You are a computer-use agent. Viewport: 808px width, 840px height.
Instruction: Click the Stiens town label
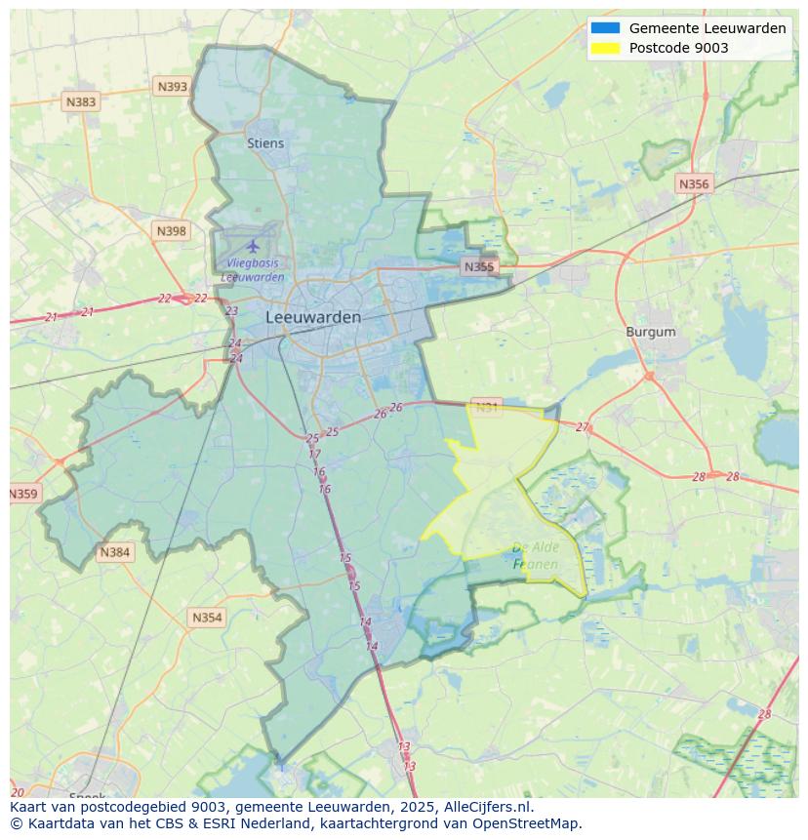coord(265,143)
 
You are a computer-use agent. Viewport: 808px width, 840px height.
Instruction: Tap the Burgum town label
coord(650,332)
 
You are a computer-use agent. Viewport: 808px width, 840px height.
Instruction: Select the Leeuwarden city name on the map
coord(312,317)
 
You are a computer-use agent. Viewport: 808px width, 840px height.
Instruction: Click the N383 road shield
coord(80,101)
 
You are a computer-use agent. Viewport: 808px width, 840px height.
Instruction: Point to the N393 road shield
coord(172,87)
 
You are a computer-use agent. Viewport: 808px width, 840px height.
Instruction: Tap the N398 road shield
coord(171,231)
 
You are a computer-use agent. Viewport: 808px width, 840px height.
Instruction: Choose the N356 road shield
coord(694,183)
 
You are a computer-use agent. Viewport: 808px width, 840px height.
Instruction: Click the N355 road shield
coord(479,266)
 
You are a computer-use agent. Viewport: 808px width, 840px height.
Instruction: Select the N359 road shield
coord(23,494)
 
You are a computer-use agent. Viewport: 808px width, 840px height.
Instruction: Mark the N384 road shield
coord(114,552)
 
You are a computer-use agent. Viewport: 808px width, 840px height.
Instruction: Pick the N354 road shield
coord(207,618)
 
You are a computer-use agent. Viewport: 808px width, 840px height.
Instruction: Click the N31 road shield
coord(486,407)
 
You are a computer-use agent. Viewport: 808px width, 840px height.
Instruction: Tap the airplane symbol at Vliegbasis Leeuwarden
coord(254,246)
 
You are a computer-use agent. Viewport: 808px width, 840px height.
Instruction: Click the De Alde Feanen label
coord(535,556)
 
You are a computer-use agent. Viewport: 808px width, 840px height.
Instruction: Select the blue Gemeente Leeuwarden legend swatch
coord(605,28)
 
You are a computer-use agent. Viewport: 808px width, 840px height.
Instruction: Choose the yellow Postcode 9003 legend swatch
coord(605,48)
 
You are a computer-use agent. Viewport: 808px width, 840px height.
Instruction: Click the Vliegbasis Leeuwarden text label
coord(252,269)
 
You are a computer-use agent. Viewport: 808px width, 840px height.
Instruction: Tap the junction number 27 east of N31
coord(583,427)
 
